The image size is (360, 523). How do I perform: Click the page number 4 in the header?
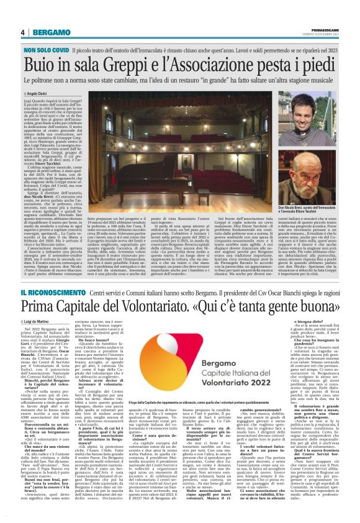[22, 32]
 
